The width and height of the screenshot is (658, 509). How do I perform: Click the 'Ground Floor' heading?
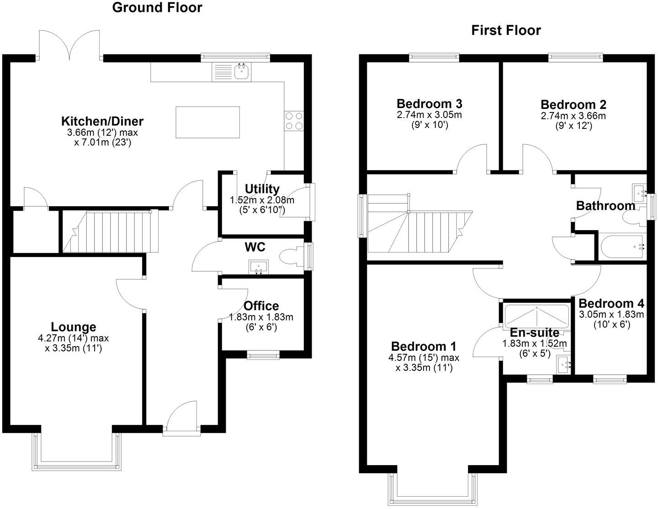(x=157, y=8)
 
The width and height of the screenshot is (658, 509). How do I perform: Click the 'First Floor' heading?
(x=506, y=31)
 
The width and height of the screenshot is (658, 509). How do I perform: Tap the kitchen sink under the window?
(x=241, y=71)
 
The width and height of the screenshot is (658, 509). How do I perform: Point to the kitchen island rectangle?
(x=208, y=122)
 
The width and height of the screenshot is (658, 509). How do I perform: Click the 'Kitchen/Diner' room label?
(x=102, y=121)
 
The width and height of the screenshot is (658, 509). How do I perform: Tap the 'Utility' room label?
(x=262, y=189)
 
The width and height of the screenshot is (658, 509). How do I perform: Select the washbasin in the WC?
(x=260, y=267)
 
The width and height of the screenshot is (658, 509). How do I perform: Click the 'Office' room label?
(x=261, y=306)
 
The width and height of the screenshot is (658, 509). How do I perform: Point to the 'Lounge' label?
(x=74, y=327)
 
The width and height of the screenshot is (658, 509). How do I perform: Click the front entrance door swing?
(x=182, y=416)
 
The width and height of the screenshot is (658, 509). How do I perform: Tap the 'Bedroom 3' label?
(x=429, y=103)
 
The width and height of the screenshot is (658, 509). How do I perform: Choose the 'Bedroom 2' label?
(x=573, y=104)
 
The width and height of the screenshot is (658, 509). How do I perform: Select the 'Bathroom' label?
(x=605, y=206)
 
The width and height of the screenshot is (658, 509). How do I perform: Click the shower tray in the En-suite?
(x=536, y=315)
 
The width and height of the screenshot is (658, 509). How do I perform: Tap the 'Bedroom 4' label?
(x=611, y=303)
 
